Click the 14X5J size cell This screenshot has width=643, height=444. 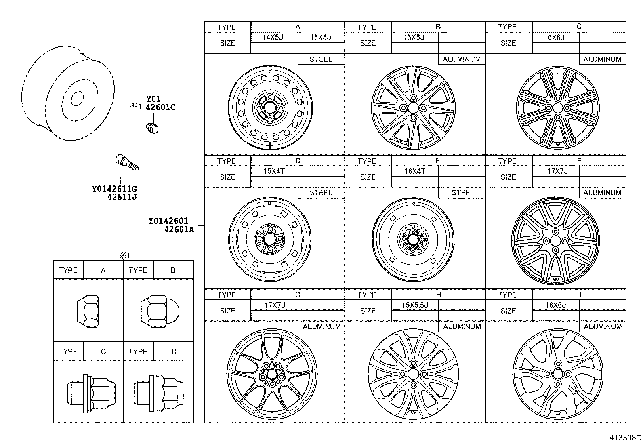click(273, 38)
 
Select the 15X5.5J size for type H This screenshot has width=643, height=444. click(415, 305)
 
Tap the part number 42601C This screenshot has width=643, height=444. click(160, 107)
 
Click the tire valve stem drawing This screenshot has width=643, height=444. click(127, 163)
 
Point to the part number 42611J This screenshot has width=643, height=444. click(122, 197)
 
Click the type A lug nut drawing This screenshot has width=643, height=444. click(88, 310)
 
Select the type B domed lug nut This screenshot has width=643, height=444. click(160, 310)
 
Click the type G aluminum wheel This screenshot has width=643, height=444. click(271, 373)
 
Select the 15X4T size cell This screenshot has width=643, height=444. click(274, 171)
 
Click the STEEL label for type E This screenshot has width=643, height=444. click(462, 193)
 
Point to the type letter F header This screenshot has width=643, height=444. click(579, 161)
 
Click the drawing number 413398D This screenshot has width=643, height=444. click(625, 438)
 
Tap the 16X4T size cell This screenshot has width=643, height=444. click(415, 171)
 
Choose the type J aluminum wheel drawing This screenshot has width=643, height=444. click(557, 373)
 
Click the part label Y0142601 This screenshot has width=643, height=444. click(168, 221)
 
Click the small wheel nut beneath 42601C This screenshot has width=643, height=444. click(152, 128)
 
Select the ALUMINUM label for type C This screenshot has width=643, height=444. click(602, 59)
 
